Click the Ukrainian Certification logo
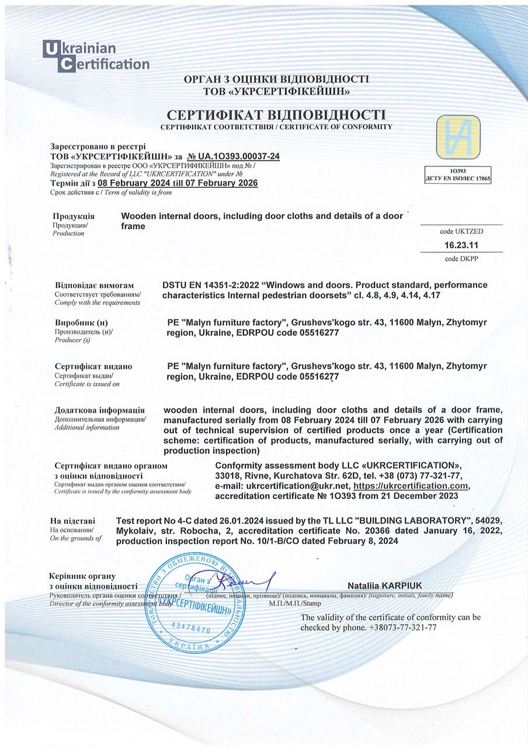pyautogui.click(x=96, y=56)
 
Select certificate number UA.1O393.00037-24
pyautogui.click(x=234, y=156)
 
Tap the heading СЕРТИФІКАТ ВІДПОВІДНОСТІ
pyautogui.click(x=276, y=114)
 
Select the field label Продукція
pyautogui.click(x=74, y=216)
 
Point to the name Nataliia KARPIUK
pyautogui.click(x=384, y=585)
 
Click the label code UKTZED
pyautogui.click(x=461, y=232)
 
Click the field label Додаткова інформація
pyautogui.click(x=99, y=410)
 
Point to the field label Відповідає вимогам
pyautogui.click(x=94, y=285)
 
